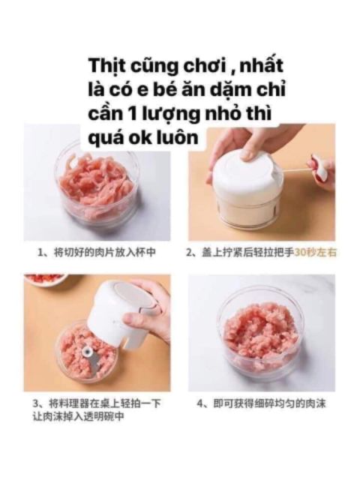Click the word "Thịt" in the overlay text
[x=106, y=64]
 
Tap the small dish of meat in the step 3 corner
[x=45, y=279]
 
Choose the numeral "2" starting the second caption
[x=190, y=253]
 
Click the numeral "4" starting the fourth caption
[x=201, y=403]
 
